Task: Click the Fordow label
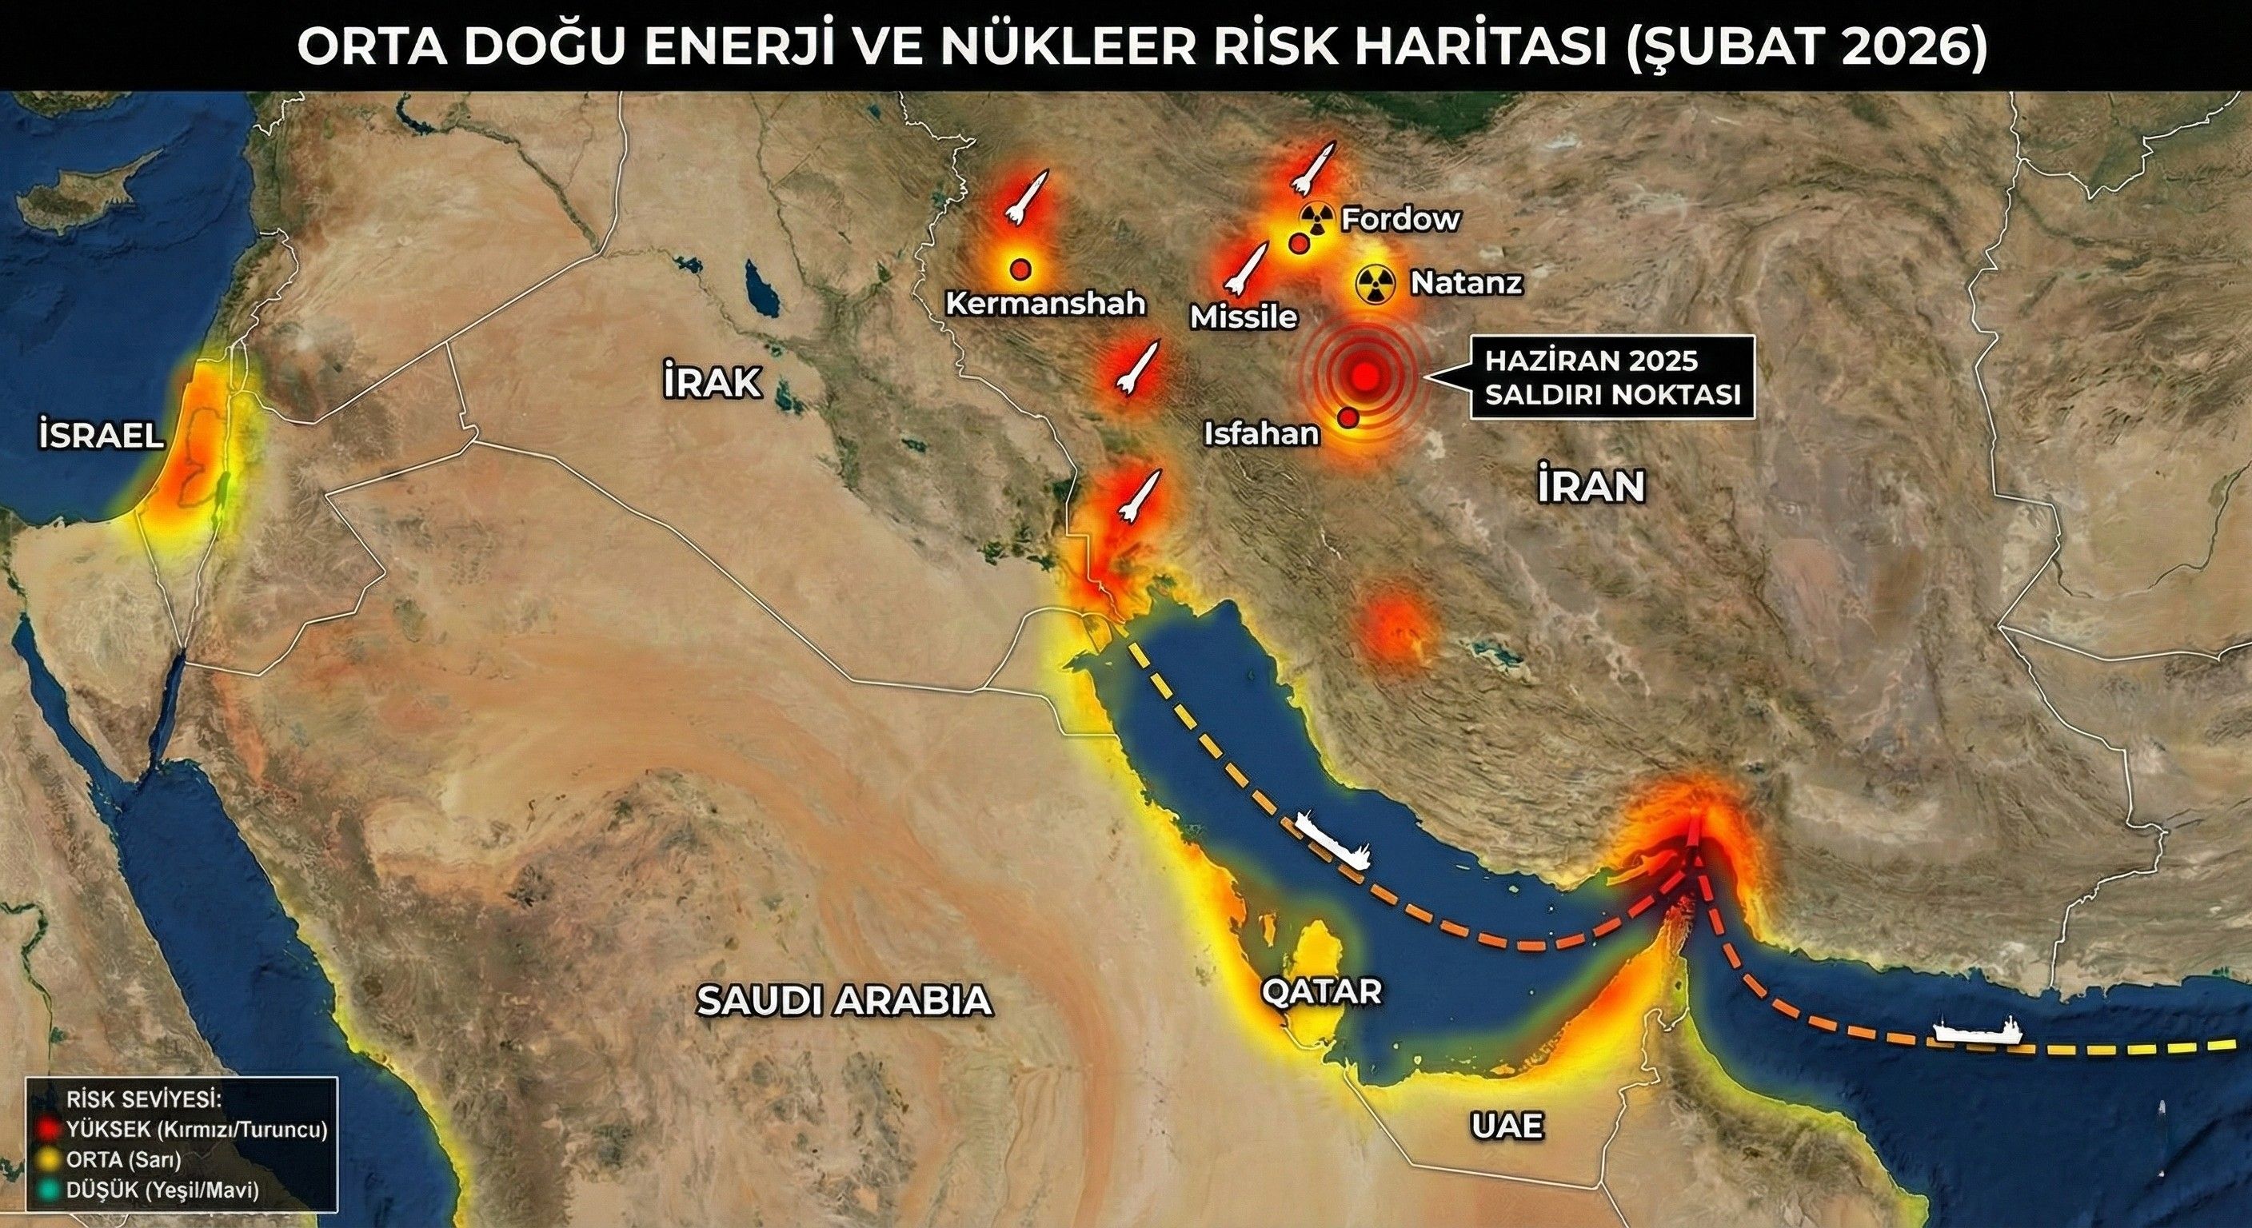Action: pyautogui.click(x=1400, y=218)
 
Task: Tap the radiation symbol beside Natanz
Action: pyautogui.click(x=1376, y=283)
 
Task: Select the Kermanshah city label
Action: pyautogui.click(x=1045, y=303)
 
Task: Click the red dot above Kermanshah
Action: pyautogui.click(x=1020, y=269)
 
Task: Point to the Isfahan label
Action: pyautogui.click(x=1261, y=433)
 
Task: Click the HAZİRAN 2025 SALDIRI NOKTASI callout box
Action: pyautogui.click(x=1612, y=377)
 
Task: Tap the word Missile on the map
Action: pyautogui.click(x=1244, y=317)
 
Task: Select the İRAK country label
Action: pyautogui.click(x=712, y=383)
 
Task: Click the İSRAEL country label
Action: pyautogui.click(x=102, y=434)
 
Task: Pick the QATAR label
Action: pyautogui.click(x=1321, y=991)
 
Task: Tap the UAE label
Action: pyautogui.click(x=1507, y=1126)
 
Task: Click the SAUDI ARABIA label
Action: pyautogui.click(x=844, y=1001)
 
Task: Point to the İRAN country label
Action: pyautogui.click(x=1592, y=487)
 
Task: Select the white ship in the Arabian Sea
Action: pyautogui.click(x=1978, y=1031)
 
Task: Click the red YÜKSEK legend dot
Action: pyautogui.click(x=49, y=1129)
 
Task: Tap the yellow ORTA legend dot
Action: pyautogui.click(x=49, y=1160)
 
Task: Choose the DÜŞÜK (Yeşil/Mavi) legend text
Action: pyautogui.click(x=162, y=1190)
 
